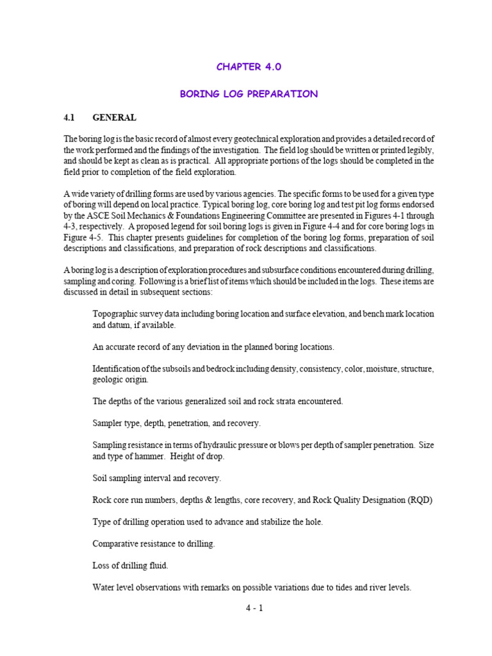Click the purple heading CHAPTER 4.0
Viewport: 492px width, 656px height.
pyautogui.click(x=249, y=67)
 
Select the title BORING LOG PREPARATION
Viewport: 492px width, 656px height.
pyautogui.click(x=249, y=94)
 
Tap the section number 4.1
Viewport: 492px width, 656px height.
pyautogui.click(x=69, y=118)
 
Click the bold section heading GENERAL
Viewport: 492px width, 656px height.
pyautogui.click(x=114, y=118)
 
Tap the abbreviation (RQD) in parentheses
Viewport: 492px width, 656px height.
pyautogui.click(x=419, y=500)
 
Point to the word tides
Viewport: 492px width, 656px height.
pyautogui.click(x=339, y=587)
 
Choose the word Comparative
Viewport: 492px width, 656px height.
pyautogui.click(x=118, y=543)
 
